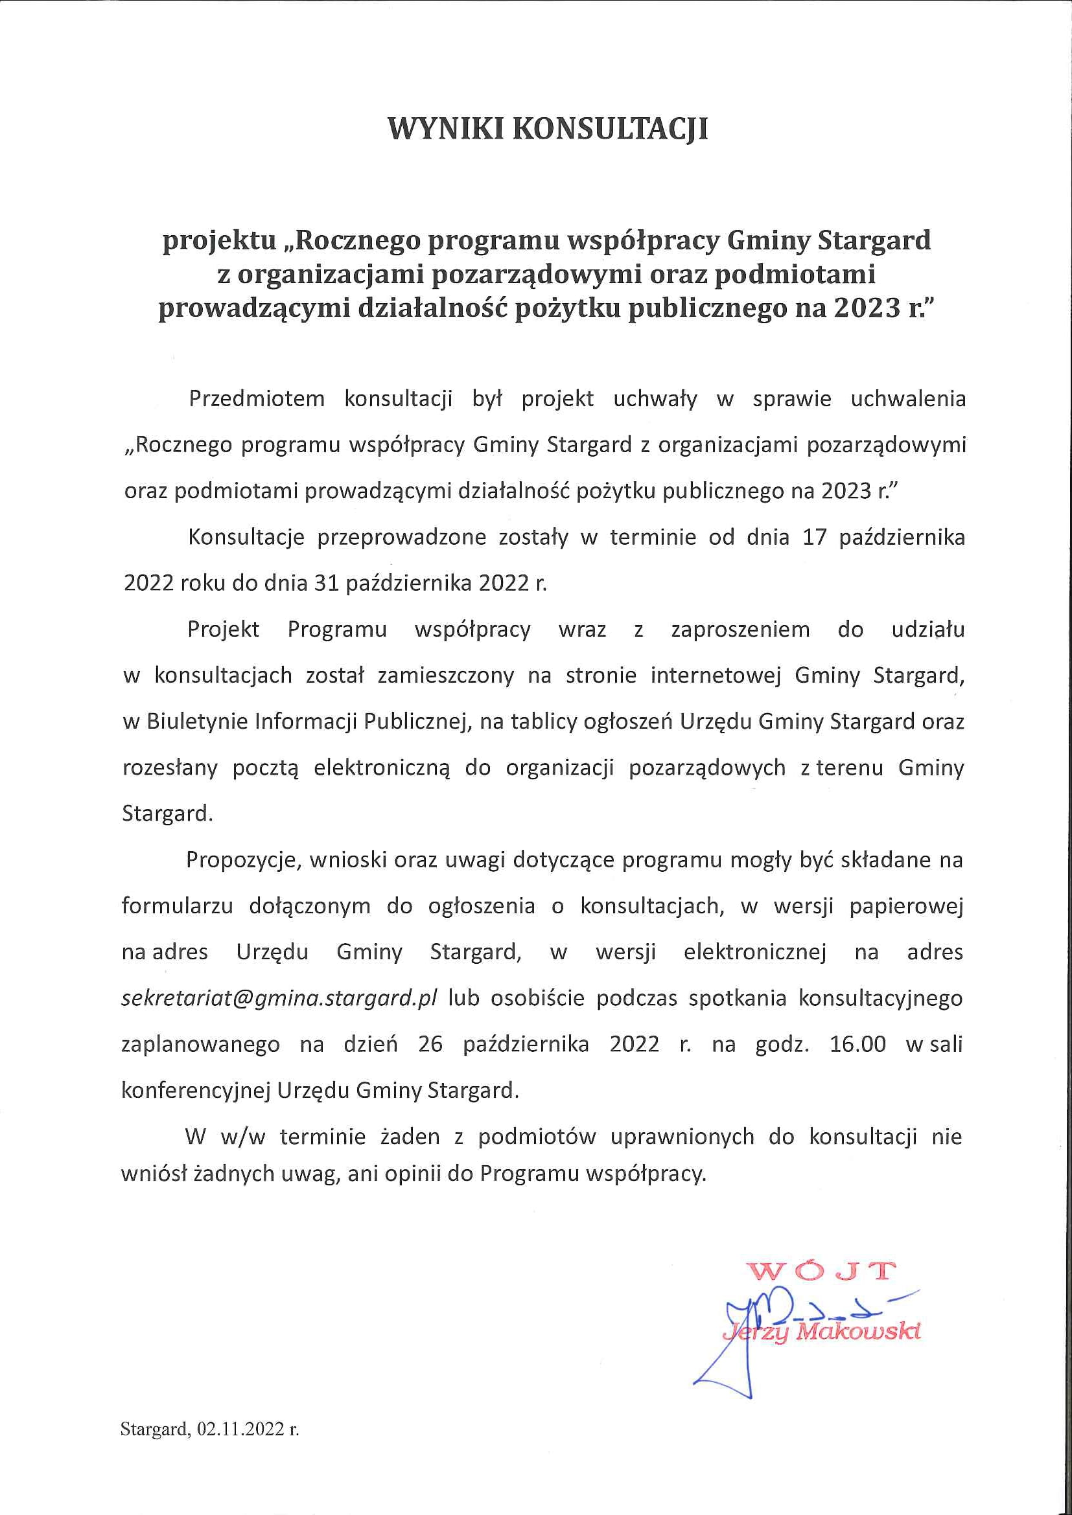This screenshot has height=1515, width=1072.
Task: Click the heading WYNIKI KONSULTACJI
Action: [x=548, y=129]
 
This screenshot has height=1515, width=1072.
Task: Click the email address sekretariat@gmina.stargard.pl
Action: [x=279, y=998]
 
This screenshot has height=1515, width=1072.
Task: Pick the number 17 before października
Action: [x=815, y=537]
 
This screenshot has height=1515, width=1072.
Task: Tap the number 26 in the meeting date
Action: [x=430, y=1044]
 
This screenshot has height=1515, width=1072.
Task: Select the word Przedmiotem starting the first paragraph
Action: [x=257, y=399]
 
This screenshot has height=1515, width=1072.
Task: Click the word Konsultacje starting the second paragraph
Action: [x=246, y=537]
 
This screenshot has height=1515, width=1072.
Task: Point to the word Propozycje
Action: [x=242, y=860]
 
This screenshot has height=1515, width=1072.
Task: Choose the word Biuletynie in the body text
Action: [x=198, y=722]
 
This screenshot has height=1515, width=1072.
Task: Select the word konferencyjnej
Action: [x=196, y=1090]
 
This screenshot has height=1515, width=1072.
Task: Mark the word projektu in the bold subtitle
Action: [x=219, y=241]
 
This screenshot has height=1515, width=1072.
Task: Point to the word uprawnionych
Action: [x=682, y=1136]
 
